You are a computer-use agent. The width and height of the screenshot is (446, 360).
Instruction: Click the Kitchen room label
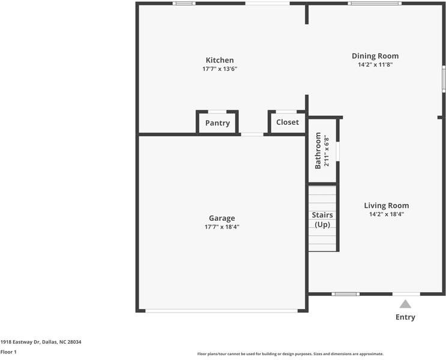coord(220,60)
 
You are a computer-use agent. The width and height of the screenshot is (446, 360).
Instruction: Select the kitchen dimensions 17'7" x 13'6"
coord(220,69)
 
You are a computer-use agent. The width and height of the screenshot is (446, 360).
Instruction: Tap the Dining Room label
coord(375,56)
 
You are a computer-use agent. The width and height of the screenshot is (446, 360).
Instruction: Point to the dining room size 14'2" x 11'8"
coord(375,65)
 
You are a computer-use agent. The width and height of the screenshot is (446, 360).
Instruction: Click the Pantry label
coord(217,123)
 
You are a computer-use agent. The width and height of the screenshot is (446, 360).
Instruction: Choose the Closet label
coord(287,122)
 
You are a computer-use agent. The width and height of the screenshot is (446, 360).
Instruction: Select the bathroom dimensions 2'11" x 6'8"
coord(327,151)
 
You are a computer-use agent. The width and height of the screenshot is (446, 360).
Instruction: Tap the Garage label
coord(221,218)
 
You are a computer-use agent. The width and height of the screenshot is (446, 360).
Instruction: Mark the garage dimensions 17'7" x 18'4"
coord(221,227)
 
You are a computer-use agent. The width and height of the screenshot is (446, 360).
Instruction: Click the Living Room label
coord(386,205)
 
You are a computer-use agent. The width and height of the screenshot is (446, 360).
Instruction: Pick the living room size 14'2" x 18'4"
coord(386,214)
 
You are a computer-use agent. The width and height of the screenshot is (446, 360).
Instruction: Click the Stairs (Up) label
coord(322,220)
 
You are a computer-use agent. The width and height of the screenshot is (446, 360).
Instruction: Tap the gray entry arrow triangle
coord(406,304)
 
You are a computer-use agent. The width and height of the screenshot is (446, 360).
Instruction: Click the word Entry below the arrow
coord(405,317)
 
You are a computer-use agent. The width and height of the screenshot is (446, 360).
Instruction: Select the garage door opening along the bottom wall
coord(221,310)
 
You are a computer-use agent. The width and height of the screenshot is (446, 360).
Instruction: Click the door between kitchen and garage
coord(252,134)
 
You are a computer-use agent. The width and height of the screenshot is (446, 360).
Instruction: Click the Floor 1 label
coord(8,352)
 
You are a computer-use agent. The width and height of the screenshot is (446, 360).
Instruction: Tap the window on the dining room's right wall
coord(444,78)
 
